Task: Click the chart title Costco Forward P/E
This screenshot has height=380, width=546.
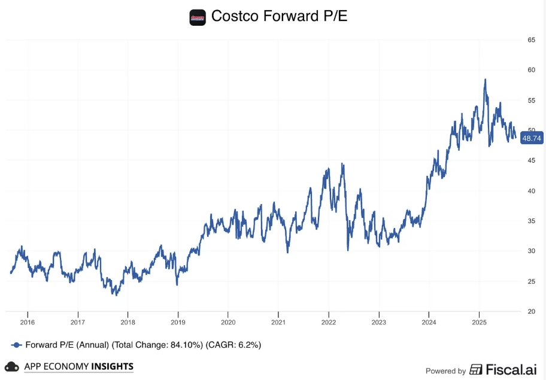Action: (x=279, y=17)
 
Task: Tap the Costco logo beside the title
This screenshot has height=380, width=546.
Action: (x=198, y=17)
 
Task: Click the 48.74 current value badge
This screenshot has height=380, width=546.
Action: (x=532, y=138)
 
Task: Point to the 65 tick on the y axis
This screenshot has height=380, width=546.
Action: (x=531, y=40)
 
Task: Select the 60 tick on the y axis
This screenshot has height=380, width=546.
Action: (x=531, y=70)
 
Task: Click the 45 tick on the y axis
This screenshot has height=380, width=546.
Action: (x=531, y=160)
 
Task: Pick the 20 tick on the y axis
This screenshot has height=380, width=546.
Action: (x=531, y=311)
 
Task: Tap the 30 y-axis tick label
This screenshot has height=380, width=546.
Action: (x=531, y=251)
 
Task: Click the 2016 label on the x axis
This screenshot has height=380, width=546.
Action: (x=28, y=323)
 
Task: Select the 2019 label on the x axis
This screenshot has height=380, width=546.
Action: (x=178, y=323)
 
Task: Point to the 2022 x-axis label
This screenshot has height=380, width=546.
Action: (x=328, y=323)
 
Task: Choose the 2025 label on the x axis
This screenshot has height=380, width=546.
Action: (x=479, y=323)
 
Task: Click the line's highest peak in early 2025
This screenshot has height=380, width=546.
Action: (x=485, y=79)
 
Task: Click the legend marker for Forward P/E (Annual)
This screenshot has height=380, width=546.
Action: (x=17, y=345)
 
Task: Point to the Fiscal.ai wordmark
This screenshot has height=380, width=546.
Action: (x=510, y=370)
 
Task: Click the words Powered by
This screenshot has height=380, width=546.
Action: (x=445, y=371)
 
